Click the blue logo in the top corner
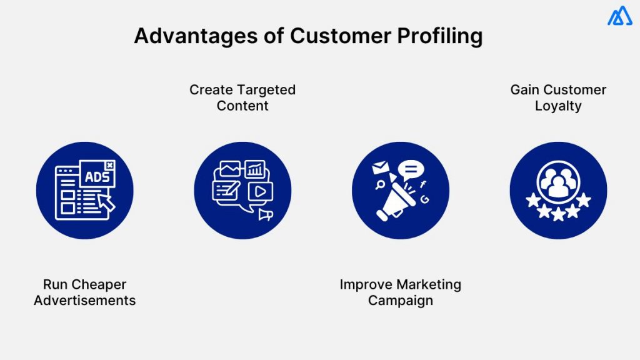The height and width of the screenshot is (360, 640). (619, 16)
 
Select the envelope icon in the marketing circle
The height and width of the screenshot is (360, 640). (380, 168)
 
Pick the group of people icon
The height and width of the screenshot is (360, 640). (558, 182)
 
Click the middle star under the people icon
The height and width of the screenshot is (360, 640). (558, 214)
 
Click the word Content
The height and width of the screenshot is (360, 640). (242, 106)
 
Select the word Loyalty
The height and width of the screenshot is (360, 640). (558, 106)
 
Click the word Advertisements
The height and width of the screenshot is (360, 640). (85, 300)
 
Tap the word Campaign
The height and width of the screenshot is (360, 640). (400, 300)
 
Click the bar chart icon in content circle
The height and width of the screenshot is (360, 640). (255, 169)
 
